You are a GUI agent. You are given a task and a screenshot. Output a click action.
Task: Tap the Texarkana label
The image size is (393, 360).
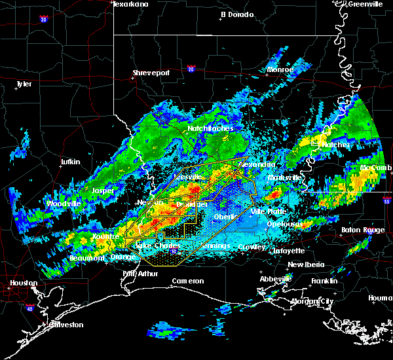(130, 4)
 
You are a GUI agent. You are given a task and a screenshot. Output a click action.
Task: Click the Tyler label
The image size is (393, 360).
(24, 84)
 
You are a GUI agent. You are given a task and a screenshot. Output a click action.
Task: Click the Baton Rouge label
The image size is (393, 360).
(362, 230)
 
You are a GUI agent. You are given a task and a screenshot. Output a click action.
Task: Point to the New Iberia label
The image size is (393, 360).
(305, 264)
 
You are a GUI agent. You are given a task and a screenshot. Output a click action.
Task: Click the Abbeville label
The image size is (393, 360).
(275, 278)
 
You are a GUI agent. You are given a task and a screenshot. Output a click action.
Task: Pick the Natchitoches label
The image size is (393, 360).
(211, 128)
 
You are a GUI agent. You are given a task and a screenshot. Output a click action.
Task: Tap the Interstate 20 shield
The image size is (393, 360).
(191, 68)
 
